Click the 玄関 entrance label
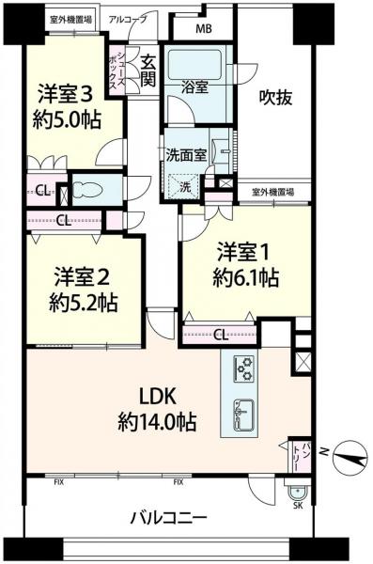click(148, 71)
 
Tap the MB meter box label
click(204, 29)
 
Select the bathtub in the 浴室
click(194, 64)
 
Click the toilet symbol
click(85, 189)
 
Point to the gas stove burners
click(244, 368)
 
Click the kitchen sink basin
click(243, 415)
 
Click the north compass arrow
click(351, 457)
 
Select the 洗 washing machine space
click(184, 186)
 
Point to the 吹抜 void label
click(275, 97)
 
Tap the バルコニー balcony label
click(169, 518)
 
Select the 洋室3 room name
click(66, 94)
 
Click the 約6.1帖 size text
click(245, 277)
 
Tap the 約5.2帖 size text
click(84, 303)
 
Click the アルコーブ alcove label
click(128, 19)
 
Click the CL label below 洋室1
click(221, 336)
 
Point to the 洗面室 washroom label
click(186, 155)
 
